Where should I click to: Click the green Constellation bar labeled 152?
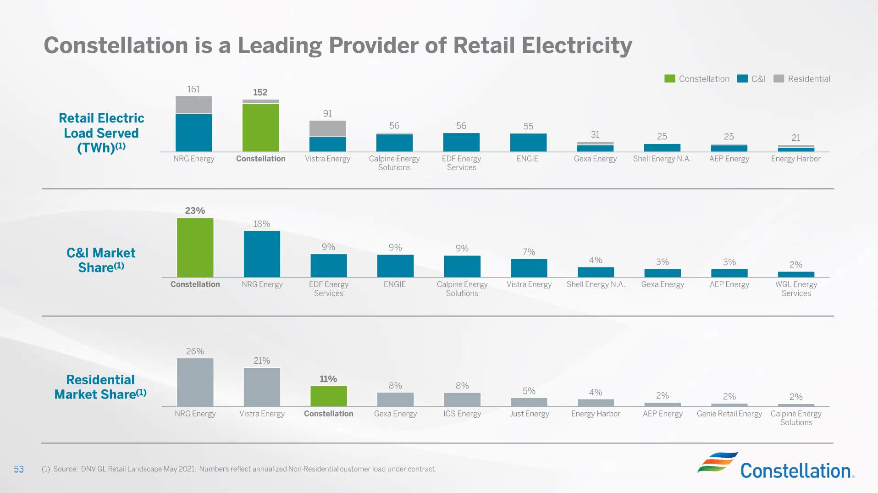click(x=260, y=127)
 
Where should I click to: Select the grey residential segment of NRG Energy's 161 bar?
click(x=193, y=105)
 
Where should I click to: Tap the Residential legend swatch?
click(x=779, y=78)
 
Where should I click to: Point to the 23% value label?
click(x=195, y=210)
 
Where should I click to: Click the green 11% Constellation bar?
click(x=328, y=396)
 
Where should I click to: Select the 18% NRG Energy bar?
click(x=262, y=254)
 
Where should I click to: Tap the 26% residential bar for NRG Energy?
click(x=195, y=382)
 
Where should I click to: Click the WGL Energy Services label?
click(x=796, y=288)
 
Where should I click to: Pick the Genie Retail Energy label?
click(x=729, y=414)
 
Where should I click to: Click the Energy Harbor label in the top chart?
click(x=795, y=159)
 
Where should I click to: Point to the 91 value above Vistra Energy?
click(x=327, y=113)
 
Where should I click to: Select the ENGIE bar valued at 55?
click(x=528, y=142)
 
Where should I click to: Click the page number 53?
click(x=19, y=469)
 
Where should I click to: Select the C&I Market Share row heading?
click(x=101, y=260)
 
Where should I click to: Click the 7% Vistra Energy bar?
click(x=529, y=268)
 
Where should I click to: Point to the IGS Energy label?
click(x=462, y=414)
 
